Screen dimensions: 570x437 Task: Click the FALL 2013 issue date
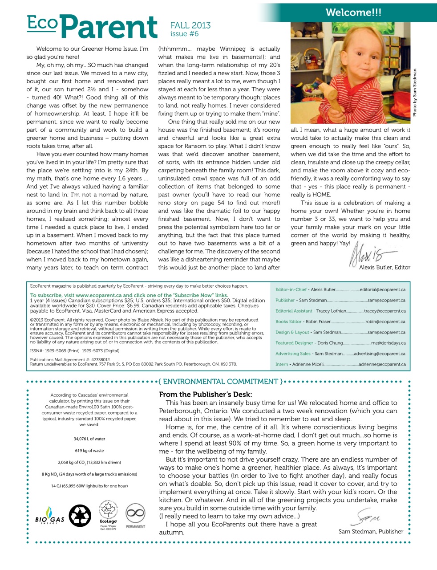click(x=190, y=25)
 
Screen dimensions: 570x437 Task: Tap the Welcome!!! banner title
click(x=353, y=12)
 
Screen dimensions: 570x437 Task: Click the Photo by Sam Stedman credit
click(x=415, y=93)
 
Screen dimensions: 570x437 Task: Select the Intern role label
click(x=282, y=364)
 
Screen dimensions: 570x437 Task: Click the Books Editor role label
click(x=288, y=322)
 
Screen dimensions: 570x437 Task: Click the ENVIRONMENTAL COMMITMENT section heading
click(x=220, y=382)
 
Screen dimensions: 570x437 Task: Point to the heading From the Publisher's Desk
click(x=206, y=394)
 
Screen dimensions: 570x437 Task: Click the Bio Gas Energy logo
click(x=50, y=516)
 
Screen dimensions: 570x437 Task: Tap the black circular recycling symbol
click(x=80, y=516)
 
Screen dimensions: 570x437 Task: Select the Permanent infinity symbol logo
click(x=135, y=514)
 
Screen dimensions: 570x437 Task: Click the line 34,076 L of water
click(x=89, y=439)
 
